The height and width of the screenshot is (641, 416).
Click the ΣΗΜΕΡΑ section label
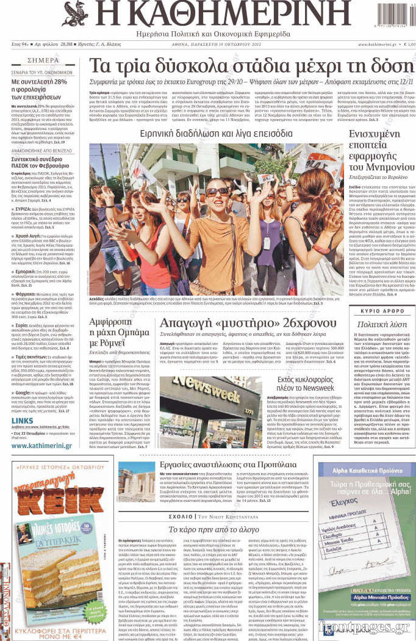[x=43, y=60]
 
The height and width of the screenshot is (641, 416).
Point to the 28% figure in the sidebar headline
[x=58, y=81]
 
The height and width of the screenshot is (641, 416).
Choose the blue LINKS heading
[x=22, y=421]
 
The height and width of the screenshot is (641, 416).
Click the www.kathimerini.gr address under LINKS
[x=41, y=446]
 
